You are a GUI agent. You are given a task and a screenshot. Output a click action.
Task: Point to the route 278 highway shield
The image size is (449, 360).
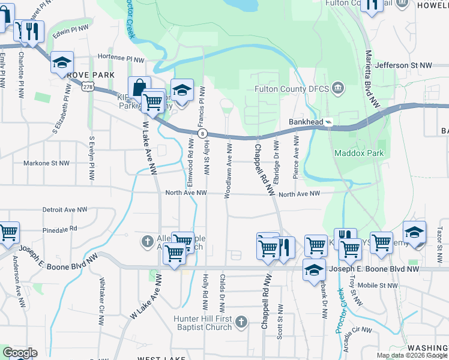(x=88, y=88)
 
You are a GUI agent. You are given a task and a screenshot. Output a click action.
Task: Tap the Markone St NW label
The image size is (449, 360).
(x=46, y=163)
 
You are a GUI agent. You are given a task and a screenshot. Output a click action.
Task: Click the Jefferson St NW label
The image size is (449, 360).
(x=403, y=65)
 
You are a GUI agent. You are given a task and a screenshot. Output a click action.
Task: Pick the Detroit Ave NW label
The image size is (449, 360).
(x=65, y=210)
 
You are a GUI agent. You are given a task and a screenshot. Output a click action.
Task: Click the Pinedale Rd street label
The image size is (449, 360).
(x=60, y=229)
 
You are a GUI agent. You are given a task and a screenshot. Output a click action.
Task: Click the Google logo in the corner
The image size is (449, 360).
(x=19, y=353)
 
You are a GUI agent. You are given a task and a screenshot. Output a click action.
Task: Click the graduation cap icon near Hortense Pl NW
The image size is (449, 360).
(x=62, y=62)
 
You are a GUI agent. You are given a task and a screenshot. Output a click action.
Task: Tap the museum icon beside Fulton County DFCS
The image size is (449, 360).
(x=337, y=89)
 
